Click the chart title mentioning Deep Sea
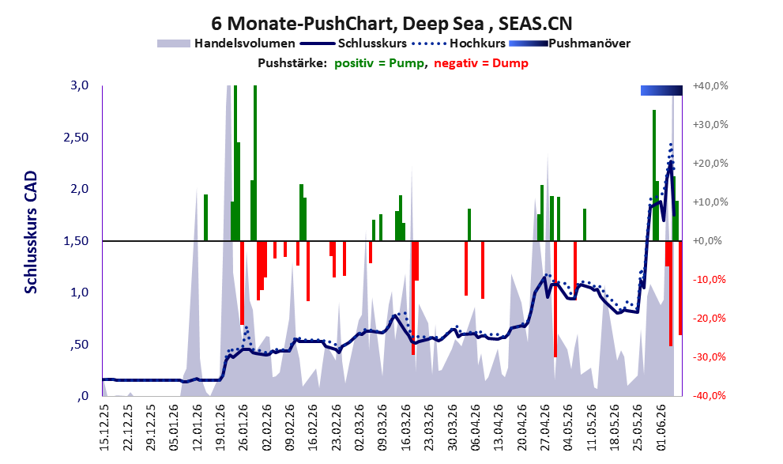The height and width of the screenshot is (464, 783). click(392, 23)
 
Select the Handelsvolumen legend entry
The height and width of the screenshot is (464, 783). click(226, 43)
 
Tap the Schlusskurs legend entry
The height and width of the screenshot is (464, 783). click(353, 43)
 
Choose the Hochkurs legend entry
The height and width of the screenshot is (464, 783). click(458, 43)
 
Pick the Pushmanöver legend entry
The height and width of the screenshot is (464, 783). click(570, 43)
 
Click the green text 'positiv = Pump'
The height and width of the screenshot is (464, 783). click(379, 63)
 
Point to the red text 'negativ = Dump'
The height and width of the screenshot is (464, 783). click(481, 63)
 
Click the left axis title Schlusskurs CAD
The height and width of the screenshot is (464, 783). click(31, 232)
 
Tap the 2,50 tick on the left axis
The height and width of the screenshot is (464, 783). click(76, 138)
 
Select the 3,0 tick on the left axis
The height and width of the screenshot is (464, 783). click(79, 85)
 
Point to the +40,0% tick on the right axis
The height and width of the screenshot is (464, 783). click(710, 86)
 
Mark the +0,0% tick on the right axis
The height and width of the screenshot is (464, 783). click(707, 241)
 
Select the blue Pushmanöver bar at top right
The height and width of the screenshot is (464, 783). click(661, 90)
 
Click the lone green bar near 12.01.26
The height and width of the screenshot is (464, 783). click(205, 217)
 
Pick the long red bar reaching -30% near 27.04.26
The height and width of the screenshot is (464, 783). click(555, 299)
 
